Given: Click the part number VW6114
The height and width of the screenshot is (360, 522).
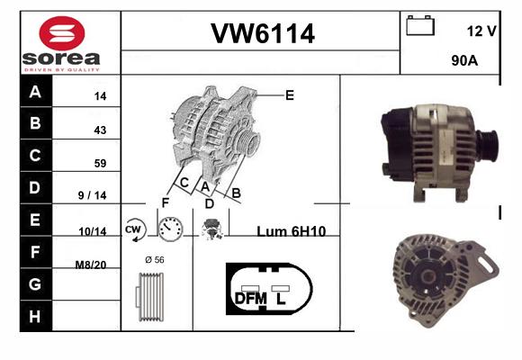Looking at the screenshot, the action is point(263,33).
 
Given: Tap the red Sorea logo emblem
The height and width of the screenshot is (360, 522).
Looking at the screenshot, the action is point(62,33).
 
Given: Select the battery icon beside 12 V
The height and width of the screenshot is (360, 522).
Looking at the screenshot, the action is point(420,25).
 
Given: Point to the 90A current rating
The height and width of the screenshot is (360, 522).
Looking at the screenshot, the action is point(464,60).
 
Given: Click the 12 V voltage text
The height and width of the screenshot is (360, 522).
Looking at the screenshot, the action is point(481,31).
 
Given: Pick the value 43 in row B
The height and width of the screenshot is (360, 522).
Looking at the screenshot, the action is point(100,130).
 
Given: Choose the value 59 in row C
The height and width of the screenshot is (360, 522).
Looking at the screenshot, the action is point(100,163).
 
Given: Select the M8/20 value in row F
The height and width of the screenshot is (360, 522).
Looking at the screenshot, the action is point(91,265).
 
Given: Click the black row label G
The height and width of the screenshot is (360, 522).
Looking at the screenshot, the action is point(36,284).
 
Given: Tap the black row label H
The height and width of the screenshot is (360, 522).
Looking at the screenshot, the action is point(36,316).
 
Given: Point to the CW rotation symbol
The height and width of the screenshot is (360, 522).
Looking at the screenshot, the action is point(134,229).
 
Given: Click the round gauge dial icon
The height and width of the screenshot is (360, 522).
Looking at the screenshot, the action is point(170,229).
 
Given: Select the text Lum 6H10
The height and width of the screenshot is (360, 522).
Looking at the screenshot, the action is point(292,231).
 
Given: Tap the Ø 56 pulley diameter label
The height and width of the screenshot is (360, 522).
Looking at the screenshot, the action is point(155,259).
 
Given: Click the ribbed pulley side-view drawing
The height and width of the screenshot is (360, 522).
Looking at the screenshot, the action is point(149,297).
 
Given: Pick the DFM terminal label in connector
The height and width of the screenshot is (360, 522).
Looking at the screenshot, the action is point(251,299).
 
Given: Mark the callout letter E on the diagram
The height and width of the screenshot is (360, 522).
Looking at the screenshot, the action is point(290,95).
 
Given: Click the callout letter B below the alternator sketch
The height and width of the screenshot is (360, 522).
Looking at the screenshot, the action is point(236,193).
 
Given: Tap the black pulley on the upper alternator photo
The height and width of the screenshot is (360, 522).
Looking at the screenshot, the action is point(488,146).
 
